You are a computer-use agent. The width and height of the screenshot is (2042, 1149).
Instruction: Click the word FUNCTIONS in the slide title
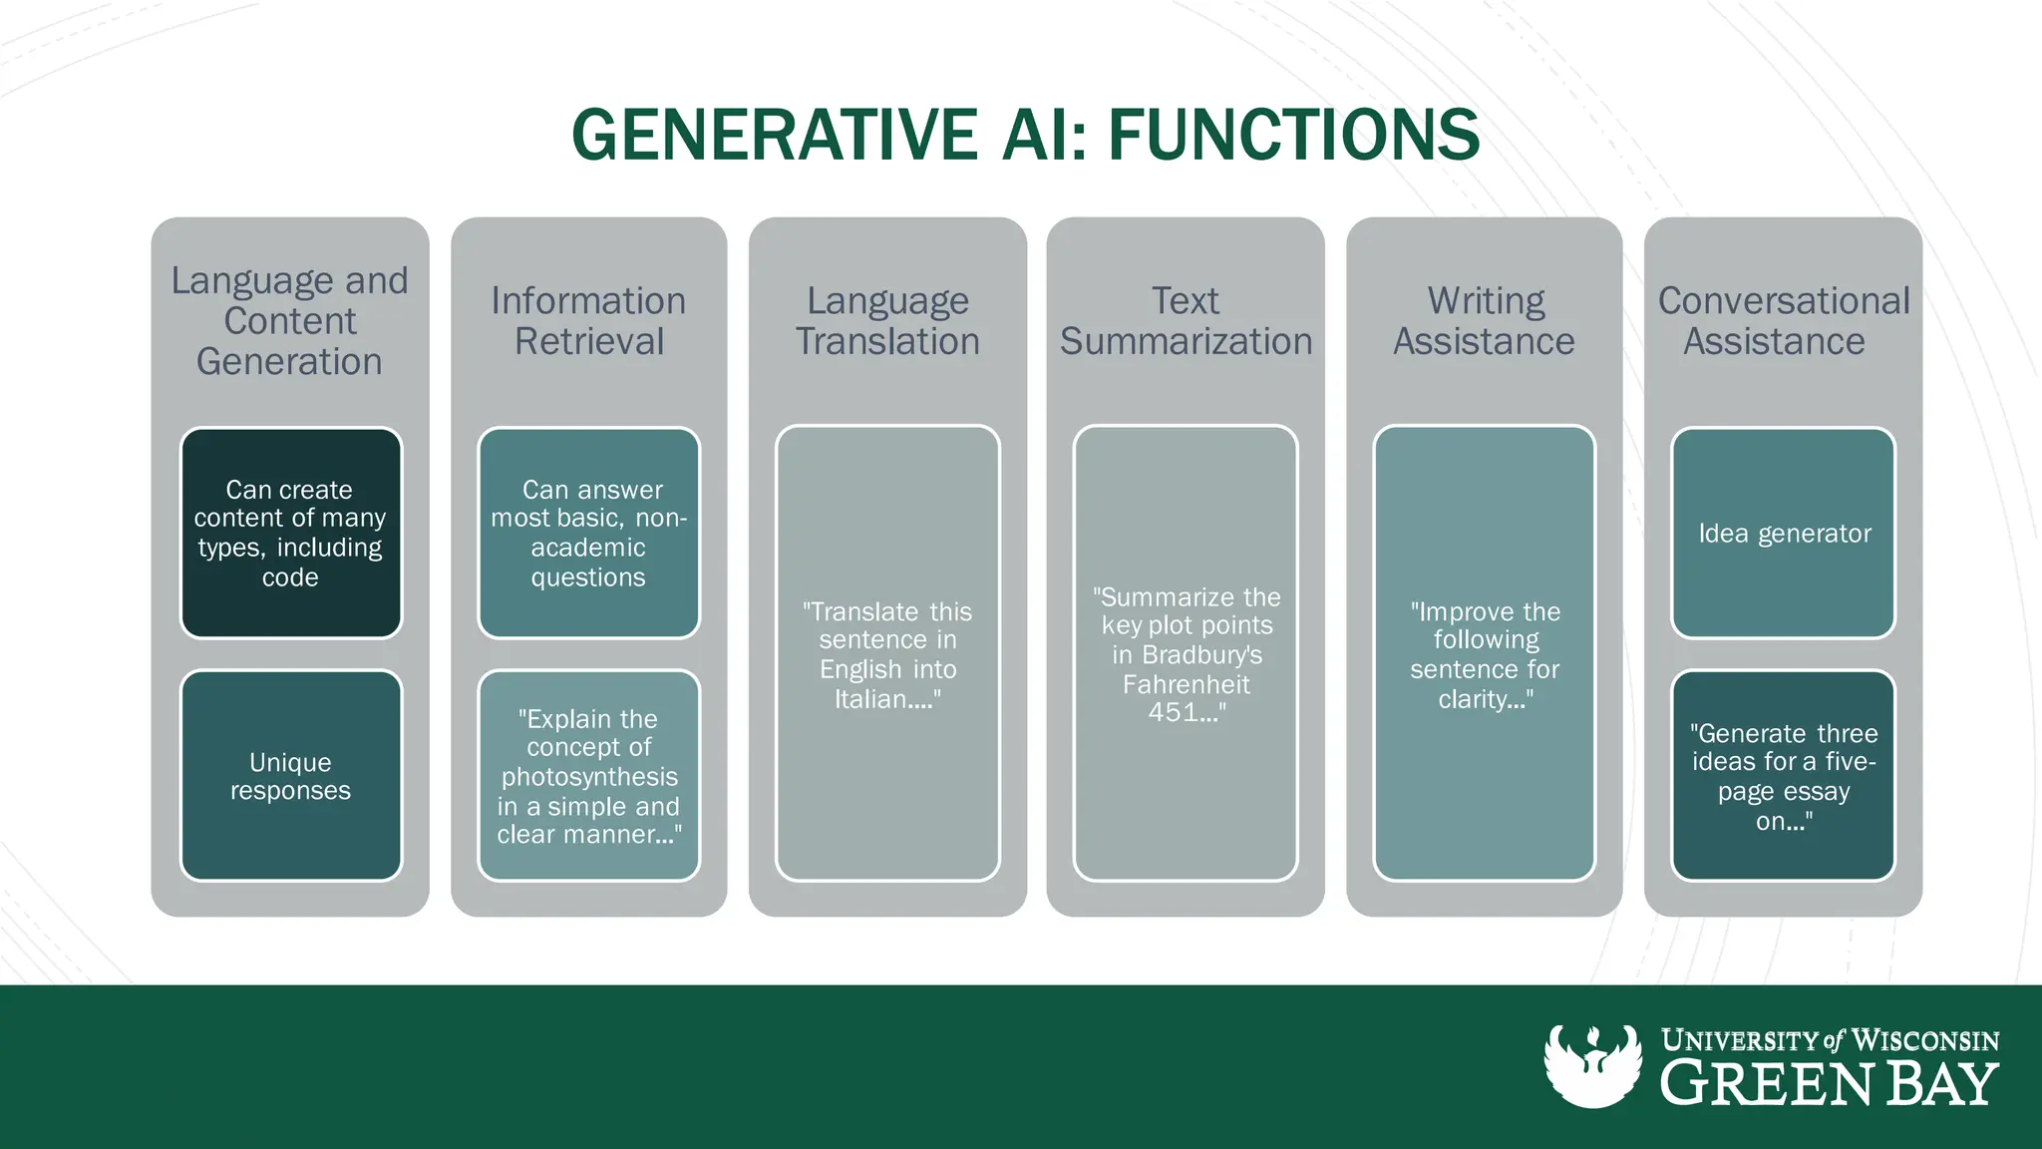(x=1293, y=135)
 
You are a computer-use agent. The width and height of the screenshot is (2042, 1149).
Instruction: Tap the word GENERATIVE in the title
(x=774, y=135)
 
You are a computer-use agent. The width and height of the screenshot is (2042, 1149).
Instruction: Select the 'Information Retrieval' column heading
(x=588, y=321)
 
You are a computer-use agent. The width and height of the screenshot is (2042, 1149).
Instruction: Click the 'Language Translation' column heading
(x=887, y=321)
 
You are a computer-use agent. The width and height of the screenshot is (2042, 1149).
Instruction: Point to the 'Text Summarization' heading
(x=1186, y=321)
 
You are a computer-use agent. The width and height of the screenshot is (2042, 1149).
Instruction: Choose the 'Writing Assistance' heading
(x=1484, y=321)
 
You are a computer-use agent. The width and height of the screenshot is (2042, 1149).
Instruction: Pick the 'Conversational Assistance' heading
(x=1783, y=321)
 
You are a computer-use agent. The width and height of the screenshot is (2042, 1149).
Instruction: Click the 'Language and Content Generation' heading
(x=289, y=321)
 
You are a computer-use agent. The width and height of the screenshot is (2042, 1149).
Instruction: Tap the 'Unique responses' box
(x=290, y=776)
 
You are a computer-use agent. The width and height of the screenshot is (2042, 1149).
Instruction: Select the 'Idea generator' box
(x=1783, y=534)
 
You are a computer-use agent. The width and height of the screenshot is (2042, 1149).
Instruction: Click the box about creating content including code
(x=290, y=534)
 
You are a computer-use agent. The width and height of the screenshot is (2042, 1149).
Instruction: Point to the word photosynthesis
(x=589, y=777)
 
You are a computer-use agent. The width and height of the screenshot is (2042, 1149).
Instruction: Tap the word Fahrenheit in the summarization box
(x=1186, y=684)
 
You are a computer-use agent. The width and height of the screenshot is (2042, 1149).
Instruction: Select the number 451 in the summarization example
(x=1173, y=713)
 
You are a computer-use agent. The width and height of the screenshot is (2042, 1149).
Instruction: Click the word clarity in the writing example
(x=1472, y=699)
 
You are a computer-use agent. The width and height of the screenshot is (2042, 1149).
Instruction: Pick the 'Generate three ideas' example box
(x=1783, y=776)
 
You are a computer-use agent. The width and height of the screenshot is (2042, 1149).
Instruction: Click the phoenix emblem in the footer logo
(x=1592, y=1066)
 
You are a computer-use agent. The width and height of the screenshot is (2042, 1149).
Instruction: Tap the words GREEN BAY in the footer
(x=1829, y=1085)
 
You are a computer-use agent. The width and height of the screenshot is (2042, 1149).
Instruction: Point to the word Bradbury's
(x=1202, y=655)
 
